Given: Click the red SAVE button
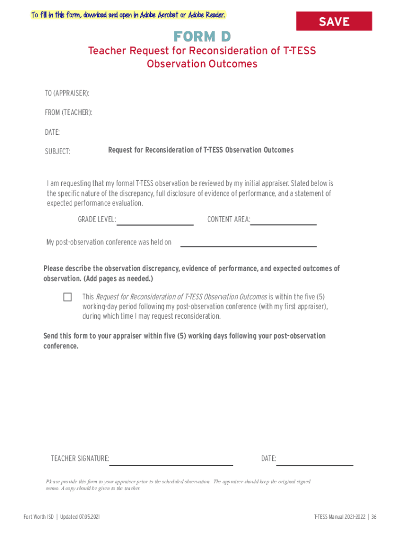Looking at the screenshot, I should point(334,21).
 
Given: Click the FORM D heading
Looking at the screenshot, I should point(202,37).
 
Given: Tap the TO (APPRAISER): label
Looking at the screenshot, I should point(67,93).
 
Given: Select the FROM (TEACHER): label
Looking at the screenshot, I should point(69,112).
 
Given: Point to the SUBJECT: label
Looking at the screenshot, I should point(58,152).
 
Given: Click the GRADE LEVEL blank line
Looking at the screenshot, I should point(155,224).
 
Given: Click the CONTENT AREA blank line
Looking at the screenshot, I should point(284,224).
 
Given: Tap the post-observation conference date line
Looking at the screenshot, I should point(248,245).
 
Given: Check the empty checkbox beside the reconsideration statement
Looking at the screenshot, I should point(68,297).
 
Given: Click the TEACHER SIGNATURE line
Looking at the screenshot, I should point(171,463).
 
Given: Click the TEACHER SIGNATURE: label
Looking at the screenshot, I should point(80,459).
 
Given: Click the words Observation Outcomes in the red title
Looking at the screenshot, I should point(202,64).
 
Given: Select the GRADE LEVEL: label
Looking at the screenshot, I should point(97,219).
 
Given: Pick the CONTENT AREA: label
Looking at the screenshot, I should point(229,219).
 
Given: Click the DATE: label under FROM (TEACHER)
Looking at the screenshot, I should point(52,132).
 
